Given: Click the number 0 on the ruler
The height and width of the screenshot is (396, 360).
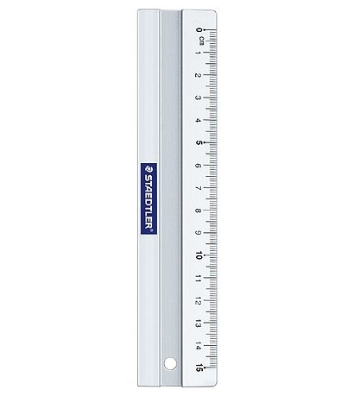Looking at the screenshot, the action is [x=199, y=29].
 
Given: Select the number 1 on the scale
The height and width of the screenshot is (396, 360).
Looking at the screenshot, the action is [x=198, y=53].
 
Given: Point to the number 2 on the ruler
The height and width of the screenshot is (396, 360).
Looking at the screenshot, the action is [x=198, y=75].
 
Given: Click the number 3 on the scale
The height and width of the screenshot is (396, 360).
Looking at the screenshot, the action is [x=198, y=97].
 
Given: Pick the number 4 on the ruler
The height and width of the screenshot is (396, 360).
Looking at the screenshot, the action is [x=198, y=120].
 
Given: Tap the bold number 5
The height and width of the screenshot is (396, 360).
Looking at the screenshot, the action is [x=199, y=142].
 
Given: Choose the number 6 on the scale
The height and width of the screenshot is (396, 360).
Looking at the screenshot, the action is [x=198, y=166].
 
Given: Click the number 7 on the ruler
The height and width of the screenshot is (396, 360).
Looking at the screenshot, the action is [x=198, y=188].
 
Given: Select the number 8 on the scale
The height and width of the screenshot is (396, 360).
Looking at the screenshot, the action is [x=198, y=211].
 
